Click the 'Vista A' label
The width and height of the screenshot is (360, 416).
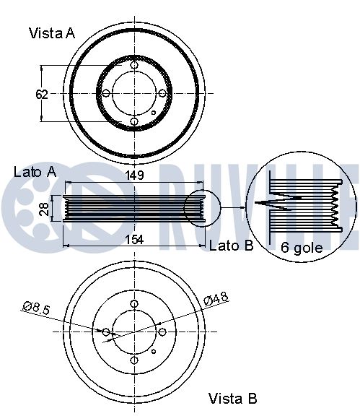click(x=52, y=33)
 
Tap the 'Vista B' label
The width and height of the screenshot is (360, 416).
click(x=233, y=398)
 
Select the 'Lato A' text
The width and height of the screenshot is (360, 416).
click(x=35, y=172)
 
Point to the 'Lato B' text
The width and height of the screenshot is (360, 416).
click(x=231, y=246)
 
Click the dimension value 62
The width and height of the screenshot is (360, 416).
click(x=42, y=95)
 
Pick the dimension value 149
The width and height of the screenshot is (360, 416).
click(x=134, y=175)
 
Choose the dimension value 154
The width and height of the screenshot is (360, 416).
click(x=134, y=240)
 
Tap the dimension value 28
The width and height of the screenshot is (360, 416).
click(x=45, y=209)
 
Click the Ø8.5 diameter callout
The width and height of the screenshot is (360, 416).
click(x=36, y=308)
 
